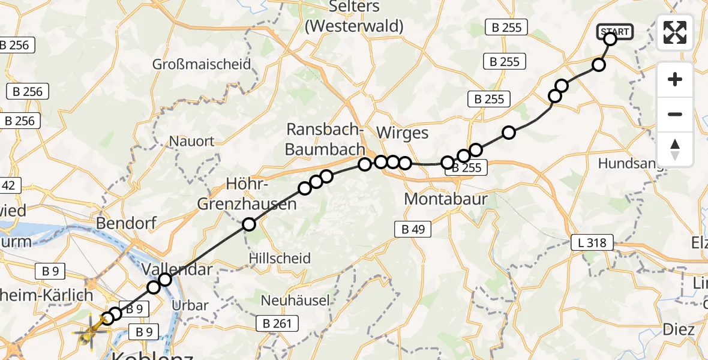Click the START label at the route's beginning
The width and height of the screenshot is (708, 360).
(614, 31)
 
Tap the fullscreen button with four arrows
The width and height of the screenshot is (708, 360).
(675, 32)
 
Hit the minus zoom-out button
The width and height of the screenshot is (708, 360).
(675, 114)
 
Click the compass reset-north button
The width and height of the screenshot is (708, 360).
(675, 149)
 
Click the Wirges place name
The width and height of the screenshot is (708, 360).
(402, 133)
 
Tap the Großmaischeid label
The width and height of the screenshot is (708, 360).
(202, 64)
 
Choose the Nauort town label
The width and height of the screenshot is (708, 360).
(191, 142)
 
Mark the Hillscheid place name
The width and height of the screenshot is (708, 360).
(280, 259)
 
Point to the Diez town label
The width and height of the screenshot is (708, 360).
(679, 329)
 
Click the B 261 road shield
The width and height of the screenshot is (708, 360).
(277, 324)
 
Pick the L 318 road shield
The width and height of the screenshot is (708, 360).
(592, 243)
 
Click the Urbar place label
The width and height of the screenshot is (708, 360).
(190, 305)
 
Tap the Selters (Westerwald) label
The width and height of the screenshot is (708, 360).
(354, 16)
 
